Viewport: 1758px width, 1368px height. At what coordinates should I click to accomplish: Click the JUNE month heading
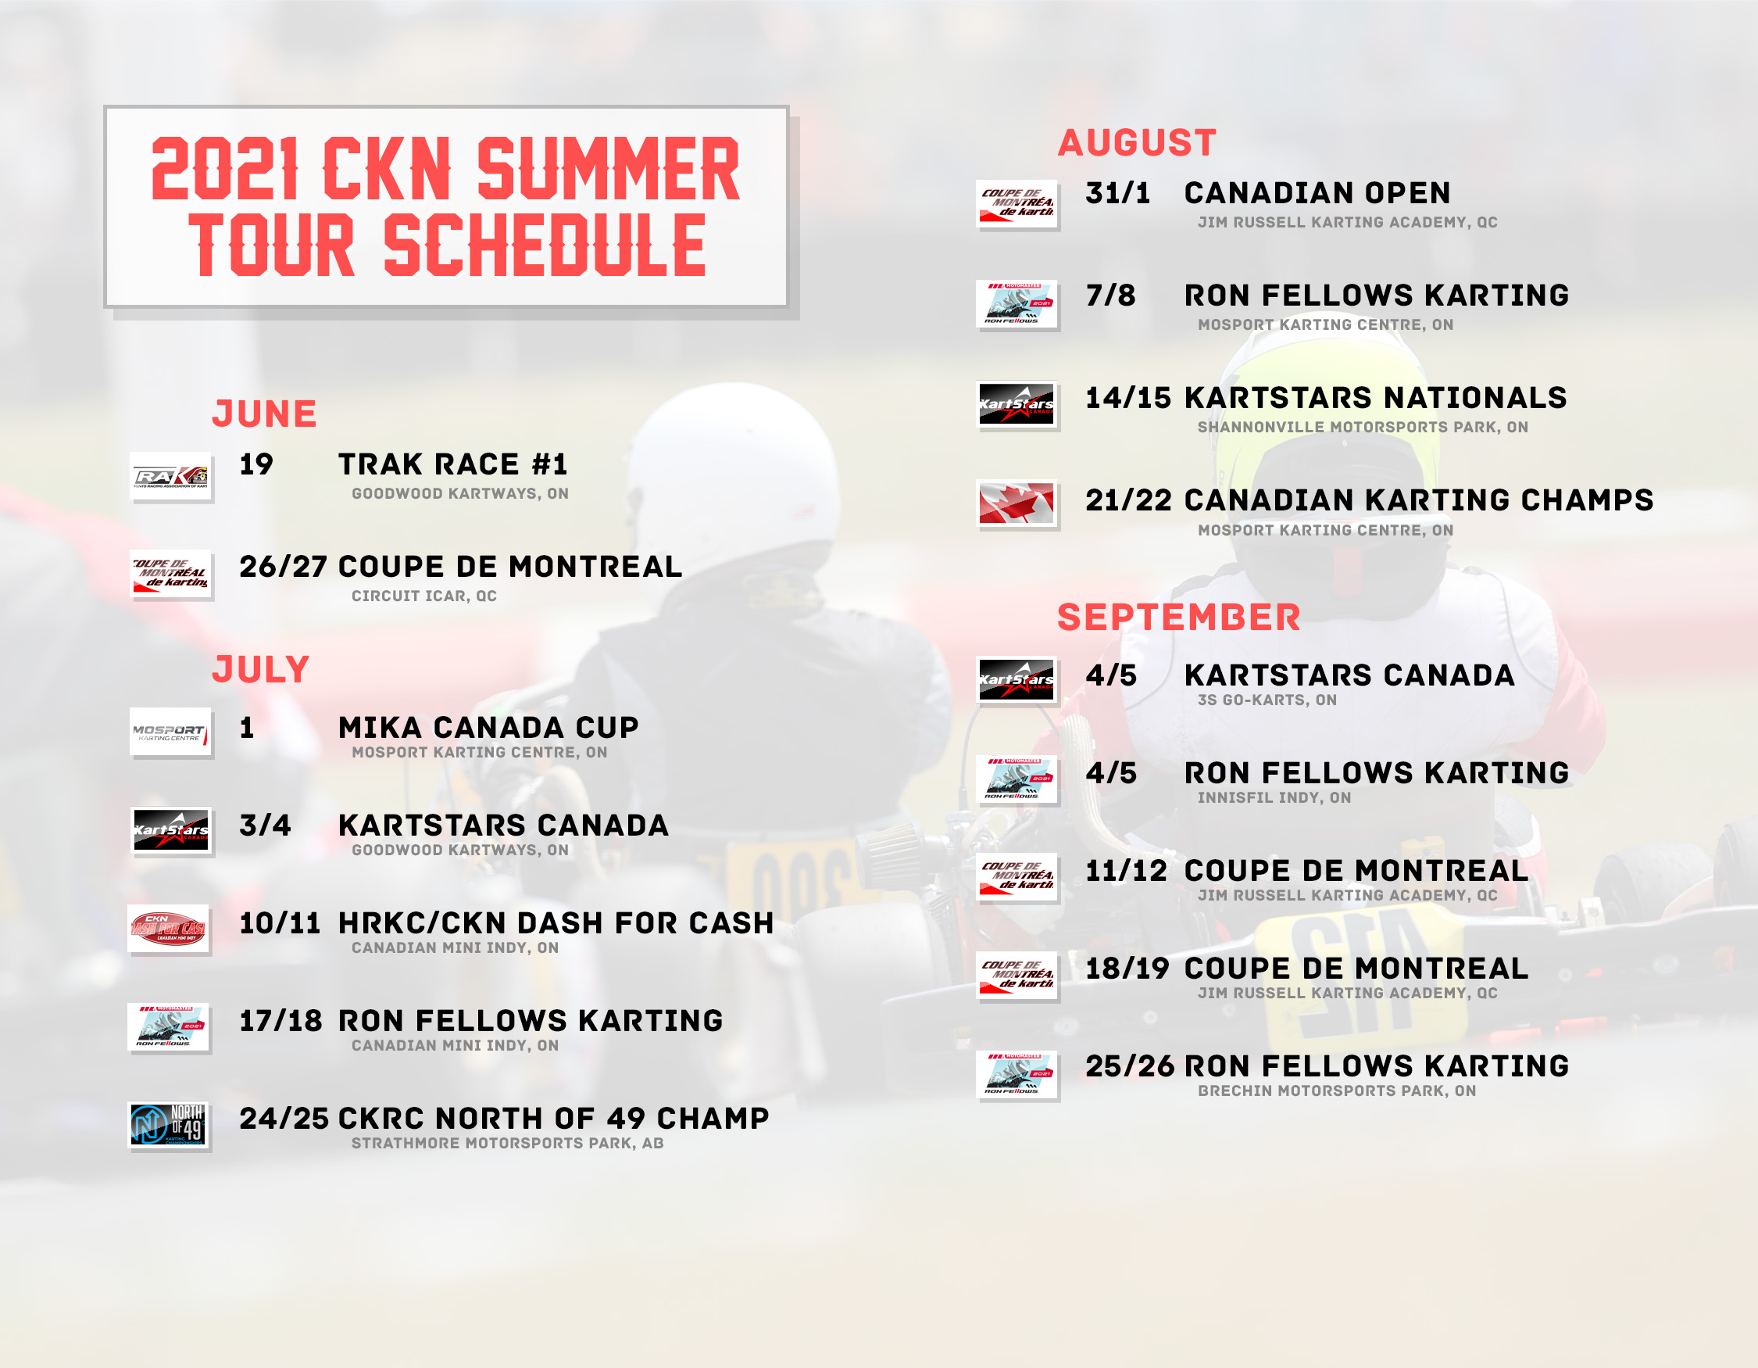(x=264, y=414)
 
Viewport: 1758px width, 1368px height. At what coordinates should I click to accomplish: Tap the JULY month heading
(x=261, y=670)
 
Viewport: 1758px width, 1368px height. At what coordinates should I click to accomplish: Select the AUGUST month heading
(x=1137, y=143)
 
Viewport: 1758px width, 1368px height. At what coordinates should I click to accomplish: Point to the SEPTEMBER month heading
(x=1178, y=618)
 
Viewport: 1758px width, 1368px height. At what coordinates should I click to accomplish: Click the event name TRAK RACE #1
(x=453, y=464)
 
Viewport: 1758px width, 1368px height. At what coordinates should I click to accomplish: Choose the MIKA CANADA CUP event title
(x=488, y=728)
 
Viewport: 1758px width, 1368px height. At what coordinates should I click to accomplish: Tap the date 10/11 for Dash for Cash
(x=280, y=923)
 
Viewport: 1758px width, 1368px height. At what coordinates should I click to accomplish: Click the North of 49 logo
(x=169, y=1125)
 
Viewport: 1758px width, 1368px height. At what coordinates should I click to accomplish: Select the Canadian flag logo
(x=1016, y=503)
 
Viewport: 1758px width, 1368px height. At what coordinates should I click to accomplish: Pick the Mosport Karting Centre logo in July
(x=170, y=732)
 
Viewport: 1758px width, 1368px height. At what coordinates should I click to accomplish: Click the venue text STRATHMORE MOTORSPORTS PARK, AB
(x=508, y=1144)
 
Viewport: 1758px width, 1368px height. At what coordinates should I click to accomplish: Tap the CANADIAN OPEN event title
(x=1317, y=193)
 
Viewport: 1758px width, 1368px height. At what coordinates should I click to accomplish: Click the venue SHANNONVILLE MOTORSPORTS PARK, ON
(x=1363, y=428)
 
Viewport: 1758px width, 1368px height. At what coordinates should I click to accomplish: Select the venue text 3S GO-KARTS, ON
(x=1267, y=700)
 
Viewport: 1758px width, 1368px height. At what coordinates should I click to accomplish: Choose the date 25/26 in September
(x=1130, y=1067)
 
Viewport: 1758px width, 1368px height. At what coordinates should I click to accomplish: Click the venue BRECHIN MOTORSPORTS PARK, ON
(x=1337, y=1091)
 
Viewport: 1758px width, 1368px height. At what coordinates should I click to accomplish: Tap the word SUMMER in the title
(x=608, y=169)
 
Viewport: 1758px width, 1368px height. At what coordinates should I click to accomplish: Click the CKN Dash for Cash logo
(x=169, y=929)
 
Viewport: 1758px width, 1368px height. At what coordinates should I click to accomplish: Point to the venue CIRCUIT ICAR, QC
(x=424, y=596)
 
